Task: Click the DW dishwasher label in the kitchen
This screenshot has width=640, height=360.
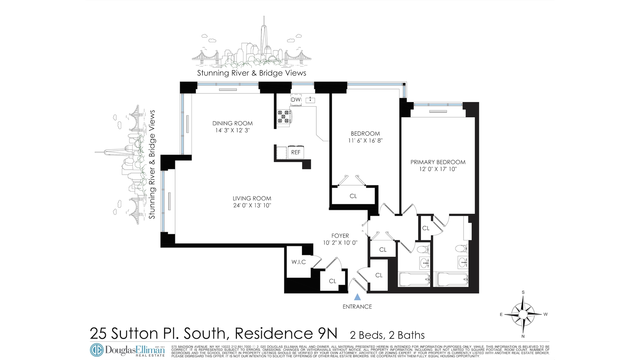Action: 296,100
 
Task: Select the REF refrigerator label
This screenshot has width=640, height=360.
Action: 296,152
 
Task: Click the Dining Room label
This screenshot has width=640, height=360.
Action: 232,123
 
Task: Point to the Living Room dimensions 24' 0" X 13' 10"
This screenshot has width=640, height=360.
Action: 252,205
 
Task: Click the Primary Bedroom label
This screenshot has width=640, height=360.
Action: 438,162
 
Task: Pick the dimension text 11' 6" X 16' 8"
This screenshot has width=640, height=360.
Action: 365,141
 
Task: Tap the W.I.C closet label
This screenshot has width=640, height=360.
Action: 298,262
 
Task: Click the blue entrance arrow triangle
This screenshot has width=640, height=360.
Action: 357,297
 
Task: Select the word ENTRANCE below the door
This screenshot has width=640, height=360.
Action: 357,307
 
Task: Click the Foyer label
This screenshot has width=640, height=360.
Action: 340,236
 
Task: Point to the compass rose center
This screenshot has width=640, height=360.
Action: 523,314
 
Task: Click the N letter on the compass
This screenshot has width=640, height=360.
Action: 523,336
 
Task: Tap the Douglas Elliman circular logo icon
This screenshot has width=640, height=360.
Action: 97,350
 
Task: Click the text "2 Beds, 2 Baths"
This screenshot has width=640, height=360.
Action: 387,335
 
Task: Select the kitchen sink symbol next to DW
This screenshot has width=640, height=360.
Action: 310,100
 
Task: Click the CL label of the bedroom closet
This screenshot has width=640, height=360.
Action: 353,196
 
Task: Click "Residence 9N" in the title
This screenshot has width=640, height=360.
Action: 286,333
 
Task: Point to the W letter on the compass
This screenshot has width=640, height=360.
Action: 545,314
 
